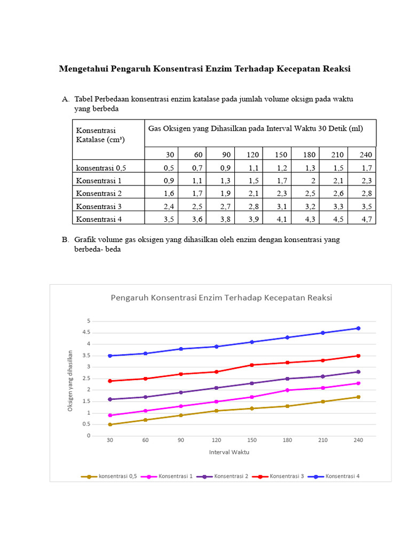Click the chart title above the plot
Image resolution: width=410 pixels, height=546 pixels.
coord(221,298)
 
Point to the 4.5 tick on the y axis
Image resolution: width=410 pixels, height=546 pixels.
coord(86,332)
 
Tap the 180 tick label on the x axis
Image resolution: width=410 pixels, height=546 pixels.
coord(287,440)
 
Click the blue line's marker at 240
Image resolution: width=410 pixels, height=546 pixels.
coord(358,328)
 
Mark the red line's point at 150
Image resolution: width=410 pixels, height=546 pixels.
coord(252,365)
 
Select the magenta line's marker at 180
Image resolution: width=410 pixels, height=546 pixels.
coord(287,390)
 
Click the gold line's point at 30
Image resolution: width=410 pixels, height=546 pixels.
coord(110,424)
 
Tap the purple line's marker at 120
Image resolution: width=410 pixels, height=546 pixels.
coord(216,388)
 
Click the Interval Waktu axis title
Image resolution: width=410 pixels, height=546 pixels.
coord(229,452)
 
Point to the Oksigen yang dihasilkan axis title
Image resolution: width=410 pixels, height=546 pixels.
coord(70,380)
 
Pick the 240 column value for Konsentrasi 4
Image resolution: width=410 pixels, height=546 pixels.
coord(367,219)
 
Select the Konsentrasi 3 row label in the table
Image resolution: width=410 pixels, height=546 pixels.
coord(99,206)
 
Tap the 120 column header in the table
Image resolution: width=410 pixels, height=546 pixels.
coord(253,155)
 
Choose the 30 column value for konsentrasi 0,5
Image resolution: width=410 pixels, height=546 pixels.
coord(169,167)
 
